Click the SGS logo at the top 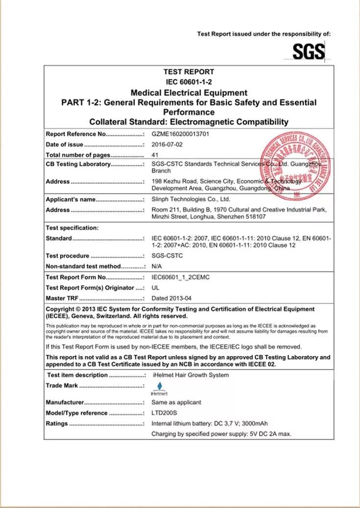point(309,51)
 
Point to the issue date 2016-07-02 point(167,145)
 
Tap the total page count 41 point(155,155)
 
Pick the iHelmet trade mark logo point(159,389)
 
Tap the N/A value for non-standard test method point(157,266)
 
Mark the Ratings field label point(57,424)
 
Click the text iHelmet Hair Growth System point(191,375)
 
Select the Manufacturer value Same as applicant point(176,402)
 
